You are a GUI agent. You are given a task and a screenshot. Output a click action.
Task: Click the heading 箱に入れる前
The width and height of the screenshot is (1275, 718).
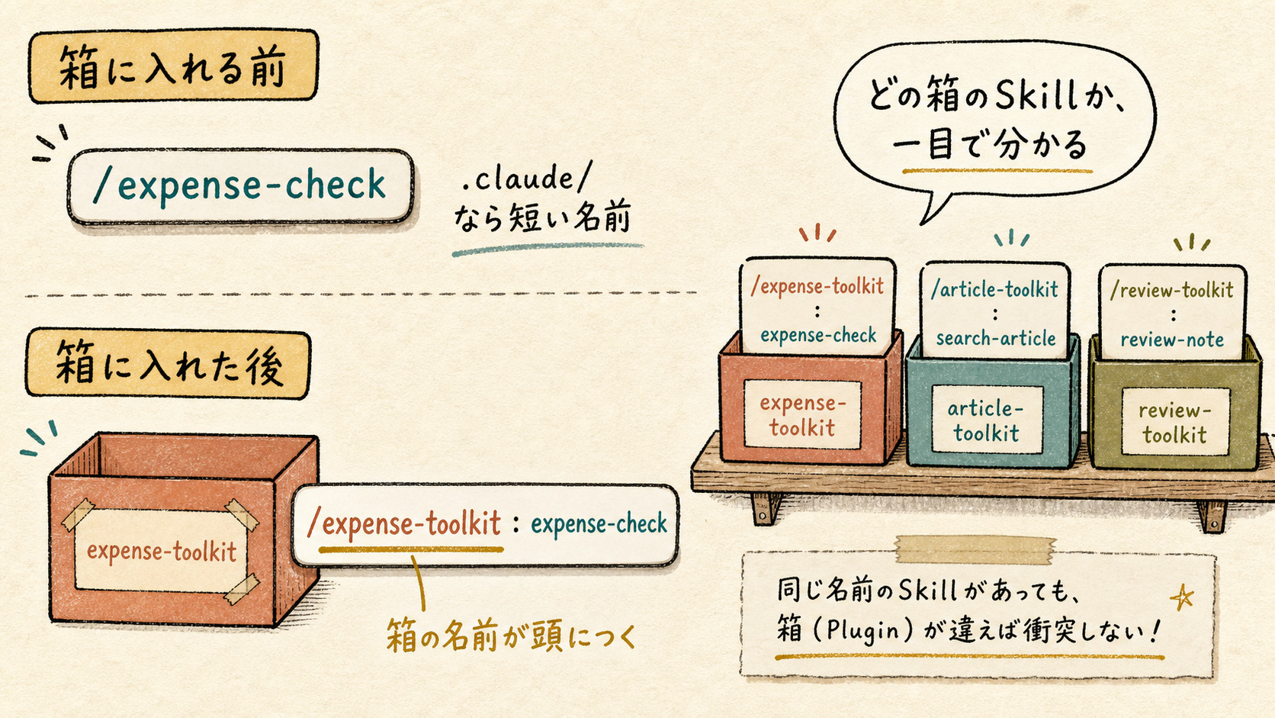click(172, 67)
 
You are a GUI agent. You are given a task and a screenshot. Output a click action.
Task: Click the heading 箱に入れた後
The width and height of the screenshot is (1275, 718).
click(169, 365)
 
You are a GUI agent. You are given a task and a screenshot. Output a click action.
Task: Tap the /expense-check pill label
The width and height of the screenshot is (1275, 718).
click(239, 185)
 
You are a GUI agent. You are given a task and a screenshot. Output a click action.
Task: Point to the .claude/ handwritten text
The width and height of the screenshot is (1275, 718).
click(526, 178)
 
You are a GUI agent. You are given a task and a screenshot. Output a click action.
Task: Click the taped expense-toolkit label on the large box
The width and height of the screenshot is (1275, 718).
click(161, 551)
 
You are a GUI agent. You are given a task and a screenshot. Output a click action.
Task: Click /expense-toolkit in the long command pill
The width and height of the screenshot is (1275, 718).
click(404, 523)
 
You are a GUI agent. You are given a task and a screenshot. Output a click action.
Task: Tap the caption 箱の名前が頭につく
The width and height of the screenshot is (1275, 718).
click(511, 636)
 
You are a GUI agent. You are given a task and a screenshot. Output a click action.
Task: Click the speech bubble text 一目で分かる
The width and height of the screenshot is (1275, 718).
click(990, 143)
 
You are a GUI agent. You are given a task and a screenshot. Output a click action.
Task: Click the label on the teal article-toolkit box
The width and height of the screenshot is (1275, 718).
click(987, 420)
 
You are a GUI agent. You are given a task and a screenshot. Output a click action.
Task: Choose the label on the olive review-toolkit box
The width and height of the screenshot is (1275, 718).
click(1175, 422)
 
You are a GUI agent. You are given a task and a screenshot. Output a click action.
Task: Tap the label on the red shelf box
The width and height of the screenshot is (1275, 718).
click(802, 414)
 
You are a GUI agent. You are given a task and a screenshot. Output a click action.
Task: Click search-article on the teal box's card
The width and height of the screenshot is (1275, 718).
click(996, 339)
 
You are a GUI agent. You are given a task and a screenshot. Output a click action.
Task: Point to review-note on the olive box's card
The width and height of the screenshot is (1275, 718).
click(1172, 340)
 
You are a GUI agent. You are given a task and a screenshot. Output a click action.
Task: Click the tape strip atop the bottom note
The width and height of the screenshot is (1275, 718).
click(975, 550)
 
